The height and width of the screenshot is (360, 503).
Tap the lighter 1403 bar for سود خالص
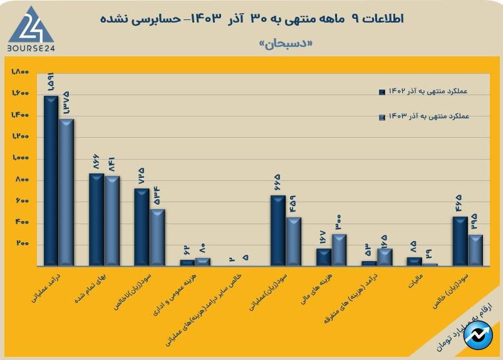click(x=475, y=250)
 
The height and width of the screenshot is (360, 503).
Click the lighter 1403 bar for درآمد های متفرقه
click(x=385, y=257)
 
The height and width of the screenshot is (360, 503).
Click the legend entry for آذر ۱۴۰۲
click(x=423, y=91)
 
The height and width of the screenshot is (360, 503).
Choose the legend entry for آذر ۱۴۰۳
click(x=423, y=116)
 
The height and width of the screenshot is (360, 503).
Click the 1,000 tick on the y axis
click(x=20, y=158)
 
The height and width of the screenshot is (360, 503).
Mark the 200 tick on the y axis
click(x=23, y=244)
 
